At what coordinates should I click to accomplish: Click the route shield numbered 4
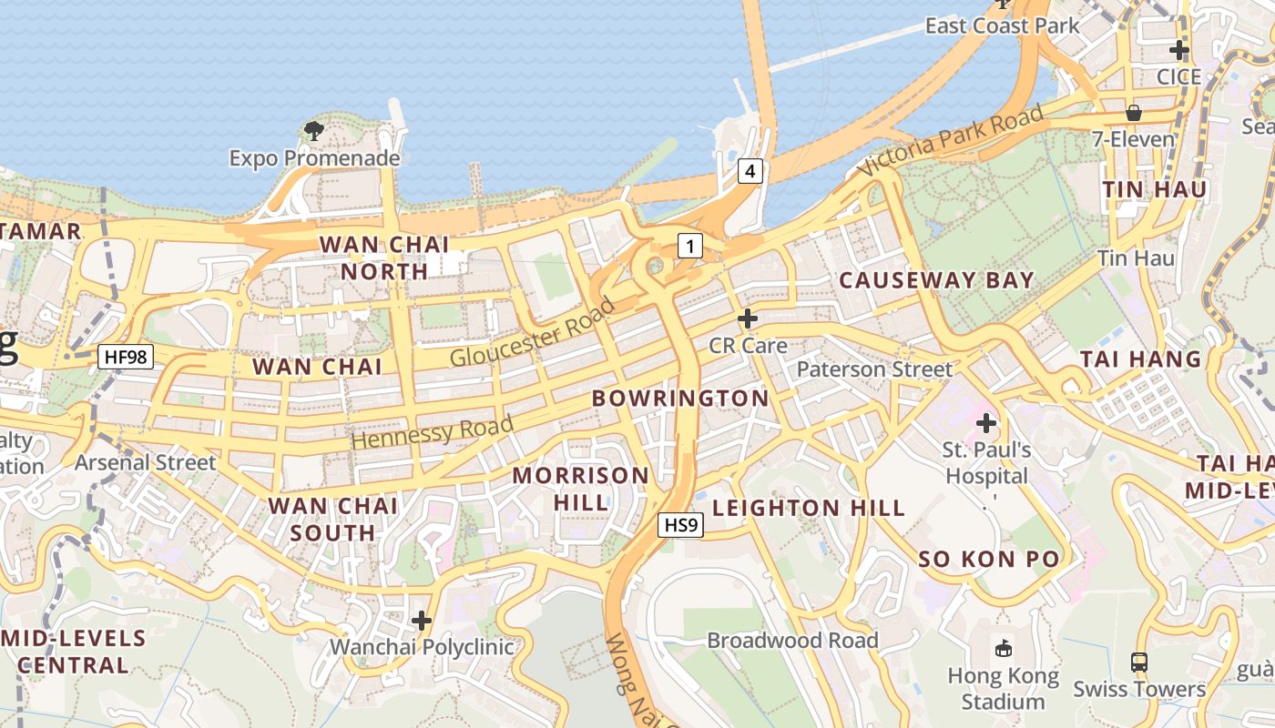(x=750, y=170)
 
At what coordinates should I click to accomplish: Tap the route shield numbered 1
(x=690, y=245)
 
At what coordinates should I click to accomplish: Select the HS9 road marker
(x=680, y=524)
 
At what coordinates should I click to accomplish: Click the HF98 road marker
(x=125, y=357)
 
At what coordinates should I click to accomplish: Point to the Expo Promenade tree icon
(x=314, y=131)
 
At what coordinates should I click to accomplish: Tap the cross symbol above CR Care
(x=748, y=318)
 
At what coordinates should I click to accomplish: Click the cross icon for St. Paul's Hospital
(x=986, y=423)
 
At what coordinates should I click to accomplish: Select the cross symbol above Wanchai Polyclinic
(x=422, y=621)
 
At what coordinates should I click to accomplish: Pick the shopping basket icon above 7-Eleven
(x=1134, y=113)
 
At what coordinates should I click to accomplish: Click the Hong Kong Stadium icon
(x=1004, y=648)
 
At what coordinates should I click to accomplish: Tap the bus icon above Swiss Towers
(x=1139, y=662)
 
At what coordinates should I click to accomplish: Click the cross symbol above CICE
(x=1179, y=49)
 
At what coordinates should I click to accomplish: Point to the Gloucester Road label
(x=533, y=332)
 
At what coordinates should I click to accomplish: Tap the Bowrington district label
(x=680, y=399)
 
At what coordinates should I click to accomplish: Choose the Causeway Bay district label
(x=936, y=280)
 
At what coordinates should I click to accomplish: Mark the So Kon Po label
(x=989, y=559)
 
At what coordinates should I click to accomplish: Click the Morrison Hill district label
(x=581, y=488)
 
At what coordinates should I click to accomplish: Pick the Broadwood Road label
(x=792, y=641)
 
